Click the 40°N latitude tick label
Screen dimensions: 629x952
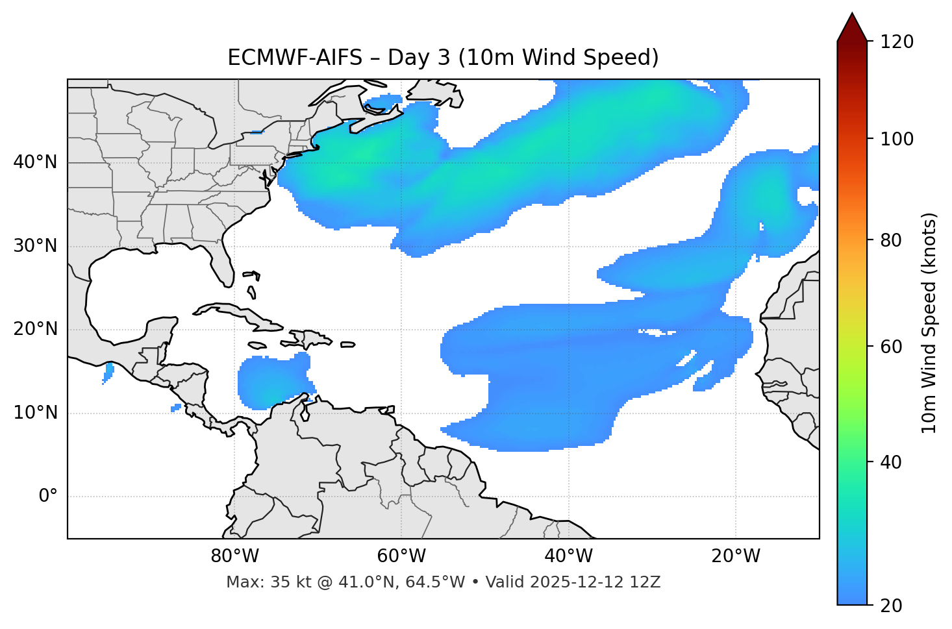click(35, 162)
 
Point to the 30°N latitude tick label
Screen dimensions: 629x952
click(35, 246)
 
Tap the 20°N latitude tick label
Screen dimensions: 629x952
click(35, 329)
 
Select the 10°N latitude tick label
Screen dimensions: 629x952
click(35, 413)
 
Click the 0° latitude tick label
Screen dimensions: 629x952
click(47, 497)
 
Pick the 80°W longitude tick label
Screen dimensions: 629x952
click(234, 556)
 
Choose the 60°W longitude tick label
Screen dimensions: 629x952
click(401, 556)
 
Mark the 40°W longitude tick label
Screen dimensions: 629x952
click(569, 556)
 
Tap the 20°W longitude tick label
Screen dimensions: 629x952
click(736, 556)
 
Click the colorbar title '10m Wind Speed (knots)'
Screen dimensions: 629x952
click(929, 323)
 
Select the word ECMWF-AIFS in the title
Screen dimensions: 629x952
click(295, 58)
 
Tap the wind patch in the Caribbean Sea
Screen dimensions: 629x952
click(271, 383)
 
